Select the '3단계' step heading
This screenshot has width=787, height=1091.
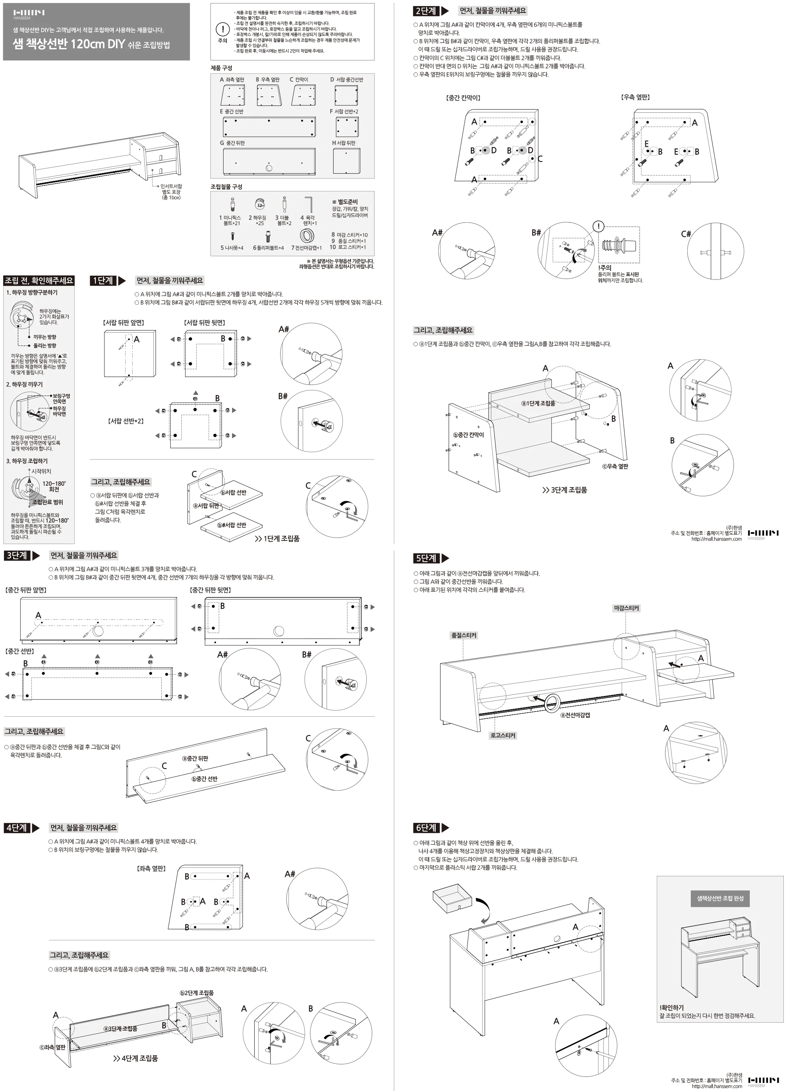click(17, 556)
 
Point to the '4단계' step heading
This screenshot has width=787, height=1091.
click(17, 828)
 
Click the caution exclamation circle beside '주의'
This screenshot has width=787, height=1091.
click(223, 29)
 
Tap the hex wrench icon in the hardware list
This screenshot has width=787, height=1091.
click(309, 204)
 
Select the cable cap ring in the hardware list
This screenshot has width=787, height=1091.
click(307, 236)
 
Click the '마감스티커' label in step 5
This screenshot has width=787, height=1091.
click(626, 608)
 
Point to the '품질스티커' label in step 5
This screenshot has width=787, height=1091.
click(464, 635)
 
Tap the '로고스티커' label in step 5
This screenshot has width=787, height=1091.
click(503, 736)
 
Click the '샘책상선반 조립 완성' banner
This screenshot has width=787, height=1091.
click(720, 898)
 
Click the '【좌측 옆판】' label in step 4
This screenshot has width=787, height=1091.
click(151, 868)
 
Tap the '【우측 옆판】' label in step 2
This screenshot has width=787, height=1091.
click(636, 97)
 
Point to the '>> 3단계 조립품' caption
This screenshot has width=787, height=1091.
click(565, 490)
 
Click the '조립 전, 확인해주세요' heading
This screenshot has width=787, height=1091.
click(39, 281)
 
